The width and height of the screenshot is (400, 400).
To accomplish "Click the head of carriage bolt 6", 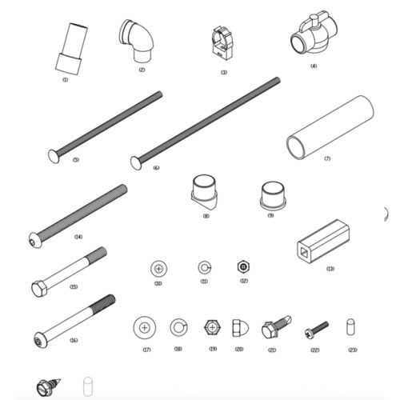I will [135, 162].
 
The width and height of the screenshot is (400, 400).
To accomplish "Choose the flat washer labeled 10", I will [158, 266].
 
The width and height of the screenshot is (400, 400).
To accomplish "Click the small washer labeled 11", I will [204, 266].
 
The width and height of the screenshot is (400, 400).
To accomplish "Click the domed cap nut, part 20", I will [238, 329].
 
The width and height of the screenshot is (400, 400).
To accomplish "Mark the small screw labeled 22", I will [315, 329].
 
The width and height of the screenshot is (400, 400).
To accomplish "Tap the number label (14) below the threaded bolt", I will [78, 237].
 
